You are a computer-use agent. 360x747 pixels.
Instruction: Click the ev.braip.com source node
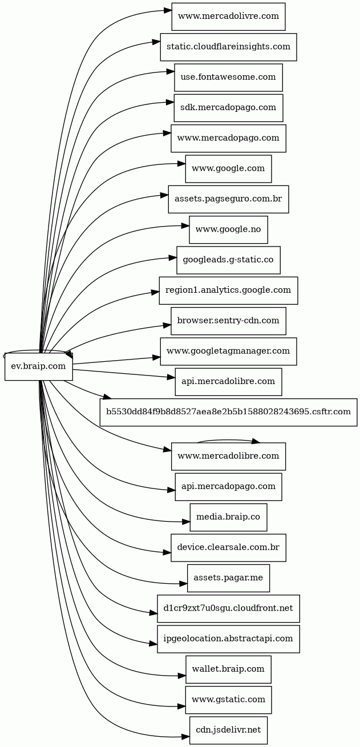pos(39,366)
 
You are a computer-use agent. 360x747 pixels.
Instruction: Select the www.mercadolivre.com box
pos(228,17)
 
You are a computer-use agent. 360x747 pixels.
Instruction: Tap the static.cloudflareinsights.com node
pos(228,47)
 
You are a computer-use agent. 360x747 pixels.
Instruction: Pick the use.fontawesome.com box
pos(228,77)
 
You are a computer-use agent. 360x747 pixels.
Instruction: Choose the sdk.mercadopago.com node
pos(228,108)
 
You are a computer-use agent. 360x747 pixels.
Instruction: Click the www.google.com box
pos(228,168)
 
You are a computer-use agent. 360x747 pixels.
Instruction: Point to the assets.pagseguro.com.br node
pos(228,199)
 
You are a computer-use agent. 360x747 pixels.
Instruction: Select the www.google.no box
pos(228,229)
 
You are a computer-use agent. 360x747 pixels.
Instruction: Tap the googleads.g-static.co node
pos(228,260)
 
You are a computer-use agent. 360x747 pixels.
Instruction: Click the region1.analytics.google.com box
pos(228,290)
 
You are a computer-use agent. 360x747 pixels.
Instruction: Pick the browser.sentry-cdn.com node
pos(228,321)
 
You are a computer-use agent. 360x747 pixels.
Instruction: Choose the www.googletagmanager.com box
pos(228,351)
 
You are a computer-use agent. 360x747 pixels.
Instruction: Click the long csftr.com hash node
pos(228,412)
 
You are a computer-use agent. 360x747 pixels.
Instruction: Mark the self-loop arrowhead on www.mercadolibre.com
pos(256,441)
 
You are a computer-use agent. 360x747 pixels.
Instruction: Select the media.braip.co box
pos(228,517)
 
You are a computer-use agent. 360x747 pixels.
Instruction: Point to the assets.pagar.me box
pos(228,578)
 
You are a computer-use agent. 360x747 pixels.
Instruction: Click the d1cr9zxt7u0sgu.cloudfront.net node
pos(228,608)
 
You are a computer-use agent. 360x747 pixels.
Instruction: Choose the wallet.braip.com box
pos(228,669)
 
